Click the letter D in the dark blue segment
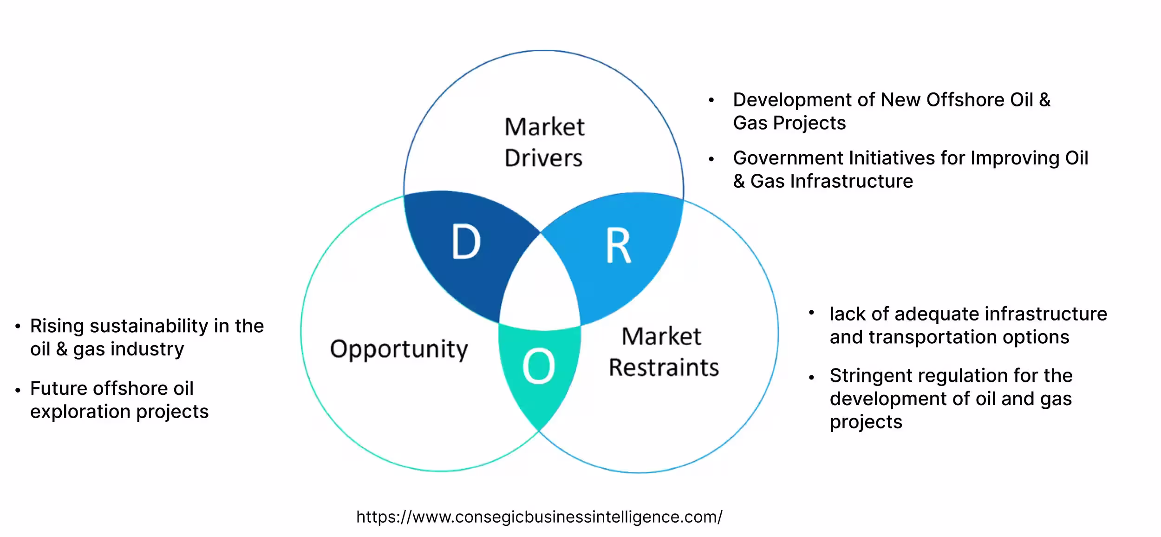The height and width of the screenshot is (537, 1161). pyautogui.click(x=466, y=242)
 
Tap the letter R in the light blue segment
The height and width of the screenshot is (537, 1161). pyautogui.click(x=618, y=246)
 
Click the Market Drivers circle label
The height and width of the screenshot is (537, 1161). pyautogui.click(x=544, y=142)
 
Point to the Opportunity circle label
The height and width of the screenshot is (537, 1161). pyautogui.click(x=399, y=349)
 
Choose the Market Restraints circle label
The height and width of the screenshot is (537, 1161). pyautogui.click(x=663, y=352)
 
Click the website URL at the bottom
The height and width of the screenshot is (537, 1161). pyautogui.click(x=539, y=517)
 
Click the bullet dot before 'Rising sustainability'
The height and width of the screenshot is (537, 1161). pyautogui.click(x=18, y=327)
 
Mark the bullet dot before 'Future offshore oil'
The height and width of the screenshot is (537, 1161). pyautogui.click(x=18, y=390)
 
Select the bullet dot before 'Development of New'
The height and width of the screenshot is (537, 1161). pyautogui.click(x=711, y=100)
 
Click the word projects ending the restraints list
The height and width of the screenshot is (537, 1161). pyautogui.click(x=866, y=422)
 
